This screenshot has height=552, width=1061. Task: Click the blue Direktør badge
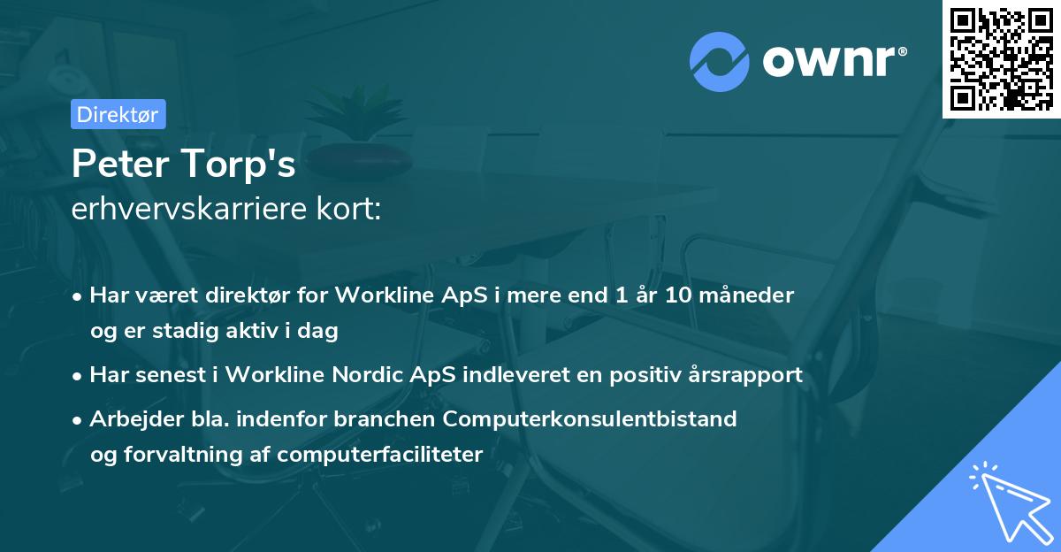click(118, 114)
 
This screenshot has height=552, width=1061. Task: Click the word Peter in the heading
click(120, 164)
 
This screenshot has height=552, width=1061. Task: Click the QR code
click(1001, 58)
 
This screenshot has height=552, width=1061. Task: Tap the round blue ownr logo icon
click(720, 62)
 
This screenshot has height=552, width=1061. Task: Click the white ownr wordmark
click(828, 61)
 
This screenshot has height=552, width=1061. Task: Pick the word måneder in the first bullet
click(746, 295)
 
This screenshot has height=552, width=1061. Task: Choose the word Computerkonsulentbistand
click(590, 419)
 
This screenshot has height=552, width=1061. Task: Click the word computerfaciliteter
click(380, 455)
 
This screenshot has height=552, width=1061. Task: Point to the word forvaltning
click(183, 455)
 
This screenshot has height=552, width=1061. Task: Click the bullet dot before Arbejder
click(77, 420)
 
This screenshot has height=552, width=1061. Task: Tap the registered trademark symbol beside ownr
click(902, 51)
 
